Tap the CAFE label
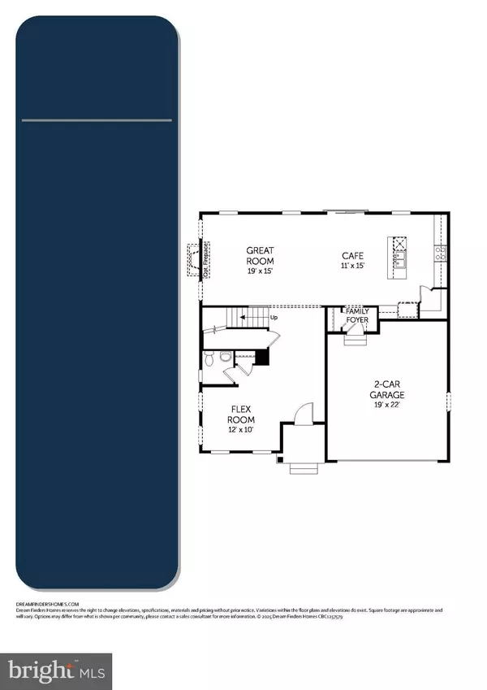(354, 255)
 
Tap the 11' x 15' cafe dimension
(354, 266)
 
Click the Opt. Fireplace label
(206, 259)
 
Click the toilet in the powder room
(210, 358)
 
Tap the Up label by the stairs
(274, 317)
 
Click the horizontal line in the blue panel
(97, 121)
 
